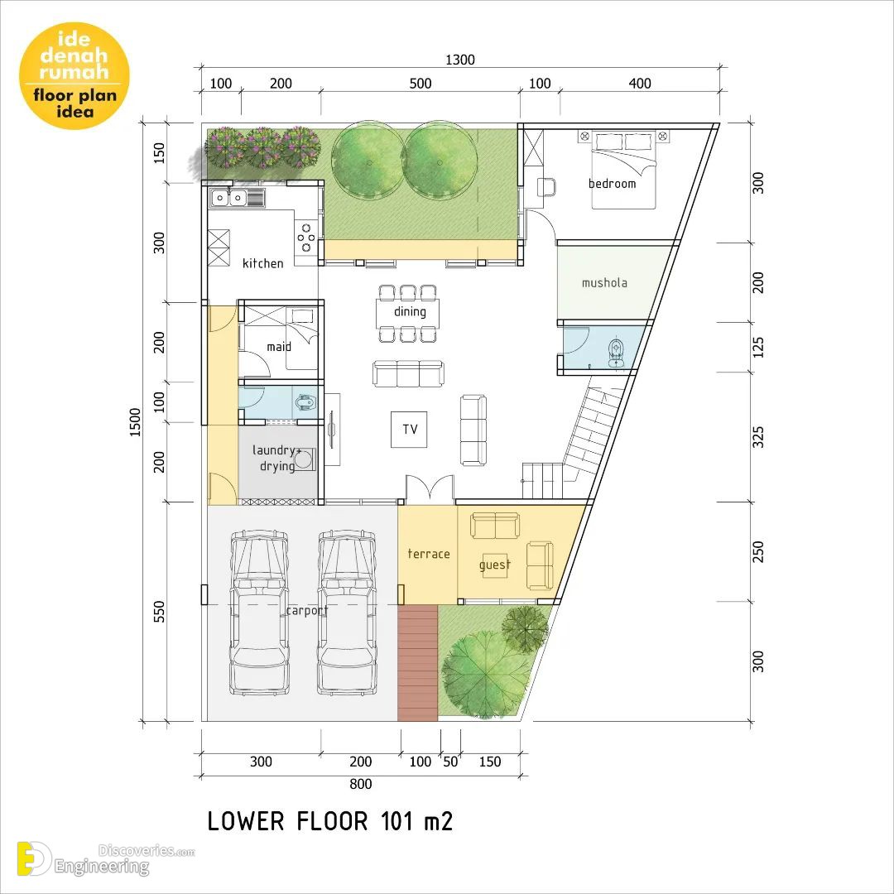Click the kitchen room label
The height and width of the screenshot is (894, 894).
pos(263,263)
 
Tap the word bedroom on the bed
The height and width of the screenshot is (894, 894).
pos(612,184)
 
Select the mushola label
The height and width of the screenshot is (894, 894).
pos(604,283)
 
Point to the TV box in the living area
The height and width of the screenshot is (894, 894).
pos(409,430)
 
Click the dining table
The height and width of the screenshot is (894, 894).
pos(407,312)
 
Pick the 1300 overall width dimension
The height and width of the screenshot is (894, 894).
pos(459,60)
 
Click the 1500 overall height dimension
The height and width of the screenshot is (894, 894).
pos(135,422)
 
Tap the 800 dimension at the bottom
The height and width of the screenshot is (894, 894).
pos(360,784)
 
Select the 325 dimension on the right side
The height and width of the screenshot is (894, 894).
pos(757,437)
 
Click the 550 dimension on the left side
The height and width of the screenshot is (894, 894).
pos(159,611)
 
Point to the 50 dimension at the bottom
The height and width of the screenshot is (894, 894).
pos(450,762)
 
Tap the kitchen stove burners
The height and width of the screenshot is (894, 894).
pos(306,238)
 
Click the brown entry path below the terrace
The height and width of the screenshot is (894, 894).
pos(418,662)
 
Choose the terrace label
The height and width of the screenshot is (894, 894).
pos(429,554)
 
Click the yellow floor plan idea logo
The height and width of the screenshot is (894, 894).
pos(74,75)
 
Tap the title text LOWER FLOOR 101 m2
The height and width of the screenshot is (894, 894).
pos(329,822)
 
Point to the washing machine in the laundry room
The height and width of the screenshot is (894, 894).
pos(305,459)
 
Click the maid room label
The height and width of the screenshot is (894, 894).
pos(279,347)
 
